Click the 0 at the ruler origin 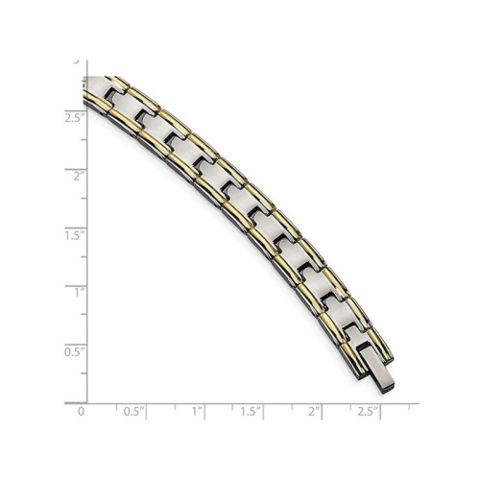pyautogui.click(x=82, y=411)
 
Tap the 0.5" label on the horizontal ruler pyautogui.click(x=133, y=411)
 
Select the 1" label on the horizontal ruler pyautogui.click(x=199, y=411)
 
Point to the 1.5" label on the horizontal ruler pyautogui.click(x=250, y=411)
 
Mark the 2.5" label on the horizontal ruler pyautogui.click(x=366, y=411)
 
